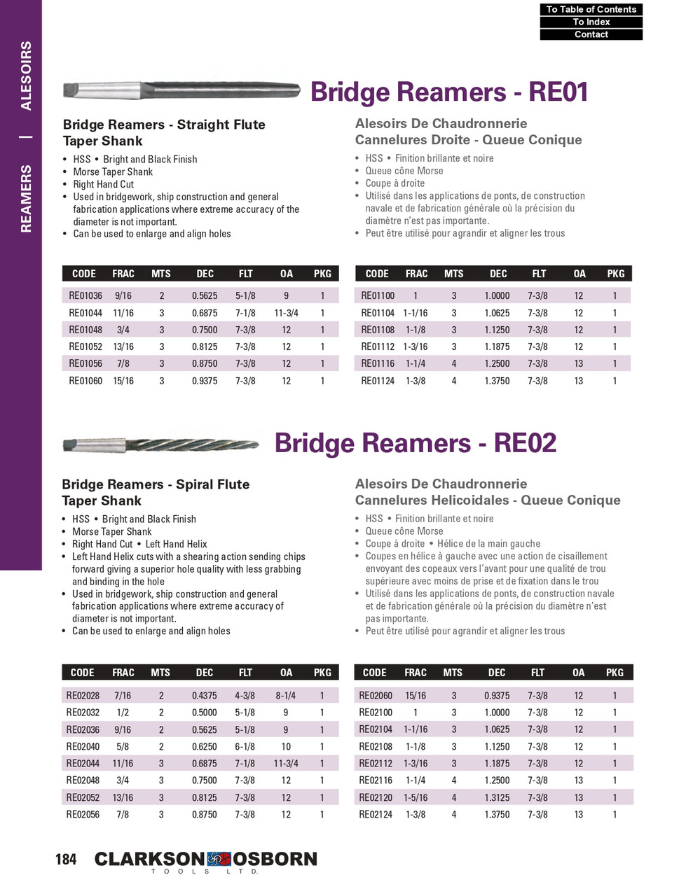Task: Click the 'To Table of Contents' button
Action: tap(591, 9)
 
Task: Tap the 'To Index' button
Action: tap(591, 22)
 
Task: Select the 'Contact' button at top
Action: tap(591, 34)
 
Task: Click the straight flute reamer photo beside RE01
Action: tap(181, 90)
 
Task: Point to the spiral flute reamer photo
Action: tap(160, 444)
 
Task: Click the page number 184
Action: tap(66, 859)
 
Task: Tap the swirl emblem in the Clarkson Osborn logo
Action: tap(219, 859)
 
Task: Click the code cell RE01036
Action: tap(85, 295)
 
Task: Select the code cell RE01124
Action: tap(378, 381)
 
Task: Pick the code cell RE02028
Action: tap(83, 696)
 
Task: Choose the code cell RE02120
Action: tap(376, 797)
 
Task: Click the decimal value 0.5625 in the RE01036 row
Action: tap(205, 295)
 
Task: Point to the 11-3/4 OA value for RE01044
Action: tap(286, 313)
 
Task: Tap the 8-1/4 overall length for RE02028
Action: tap(286, 696)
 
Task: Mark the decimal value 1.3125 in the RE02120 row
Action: tap(497, 797)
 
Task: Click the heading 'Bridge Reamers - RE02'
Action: tap(416, 443)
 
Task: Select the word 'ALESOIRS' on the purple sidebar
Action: tap(26, 76)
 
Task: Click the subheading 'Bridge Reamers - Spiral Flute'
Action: tap(156, 484)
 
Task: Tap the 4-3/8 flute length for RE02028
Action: tap(245, 696)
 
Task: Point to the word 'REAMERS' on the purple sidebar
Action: tap(26, 199)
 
